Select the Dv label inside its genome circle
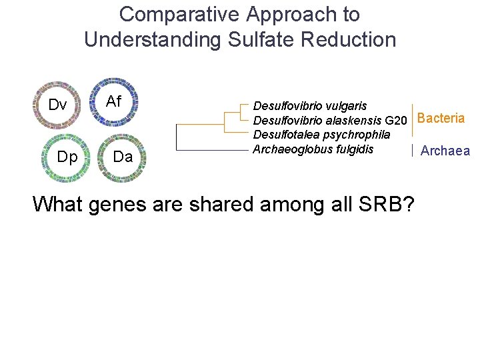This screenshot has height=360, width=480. coord(57,105)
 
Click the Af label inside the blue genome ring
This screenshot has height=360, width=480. coord(114,101)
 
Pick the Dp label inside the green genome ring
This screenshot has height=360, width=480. coord(67,157)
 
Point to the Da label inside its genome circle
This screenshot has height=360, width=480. coord(122,157)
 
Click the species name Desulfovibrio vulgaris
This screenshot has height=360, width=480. coord(309,106)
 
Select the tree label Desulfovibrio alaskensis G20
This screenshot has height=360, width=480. coord(329,121)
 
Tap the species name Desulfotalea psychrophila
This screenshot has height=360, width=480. coord(321,135)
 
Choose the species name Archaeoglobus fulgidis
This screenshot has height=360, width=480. coord(313,149)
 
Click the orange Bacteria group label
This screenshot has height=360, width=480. coord(441,119)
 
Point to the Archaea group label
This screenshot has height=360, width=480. coord(445,151)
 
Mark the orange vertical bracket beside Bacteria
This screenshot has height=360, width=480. coord(413,120)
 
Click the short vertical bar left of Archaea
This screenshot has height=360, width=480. coord(413,151)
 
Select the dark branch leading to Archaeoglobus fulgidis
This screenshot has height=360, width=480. coord(213,150)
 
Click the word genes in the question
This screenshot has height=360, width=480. coord(116,203)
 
